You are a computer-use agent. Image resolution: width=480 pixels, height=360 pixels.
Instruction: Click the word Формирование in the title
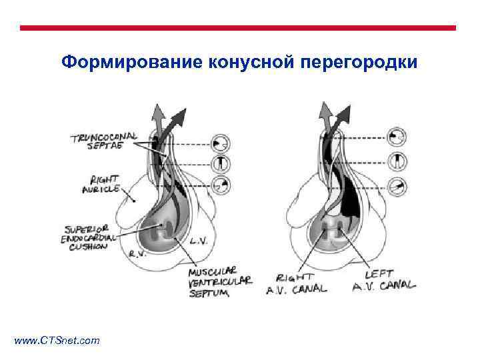(132, 63)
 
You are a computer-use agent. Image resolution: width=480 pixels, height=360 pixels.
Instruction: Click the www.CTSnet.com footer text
(57, 341)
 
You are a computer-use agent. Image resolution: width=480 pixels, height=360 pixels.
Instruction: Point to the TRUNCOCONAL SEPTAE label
(103, 143)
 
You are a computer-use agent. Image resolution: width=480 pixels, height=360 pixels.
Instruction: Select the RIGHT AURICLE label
(101, 184)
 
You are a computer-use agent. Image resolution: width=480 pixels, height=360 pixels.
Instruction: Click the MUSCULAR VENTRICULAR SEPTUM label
(221, 281)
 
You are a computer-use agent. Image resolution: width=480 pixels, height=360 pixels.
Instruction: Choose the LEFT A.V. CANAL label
(383, 280)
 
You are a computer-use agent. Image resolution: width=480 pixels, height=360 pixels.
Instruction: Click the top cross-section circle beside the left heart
(220, 143)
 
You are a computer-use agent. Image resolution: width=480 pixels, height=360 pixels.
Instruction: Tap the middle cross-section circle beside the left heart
(220, 164)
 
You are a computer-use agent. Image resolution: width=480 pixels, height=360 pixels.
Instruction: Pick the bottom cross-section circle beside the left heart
(220, 185)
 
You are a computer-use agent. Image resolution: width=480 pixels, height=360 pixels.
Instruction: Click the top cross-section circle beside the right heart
(397, 137)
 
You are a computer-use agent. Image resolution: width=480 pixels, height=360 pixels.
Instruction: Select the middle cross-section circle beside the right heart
(397, 161)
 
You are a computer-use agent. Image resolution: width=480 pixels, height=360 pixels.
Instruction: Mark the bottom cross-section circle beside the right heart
(397, 187)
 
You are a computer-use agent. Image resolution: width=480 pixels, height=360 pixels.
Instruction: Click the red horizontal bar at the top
(238, 28)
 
